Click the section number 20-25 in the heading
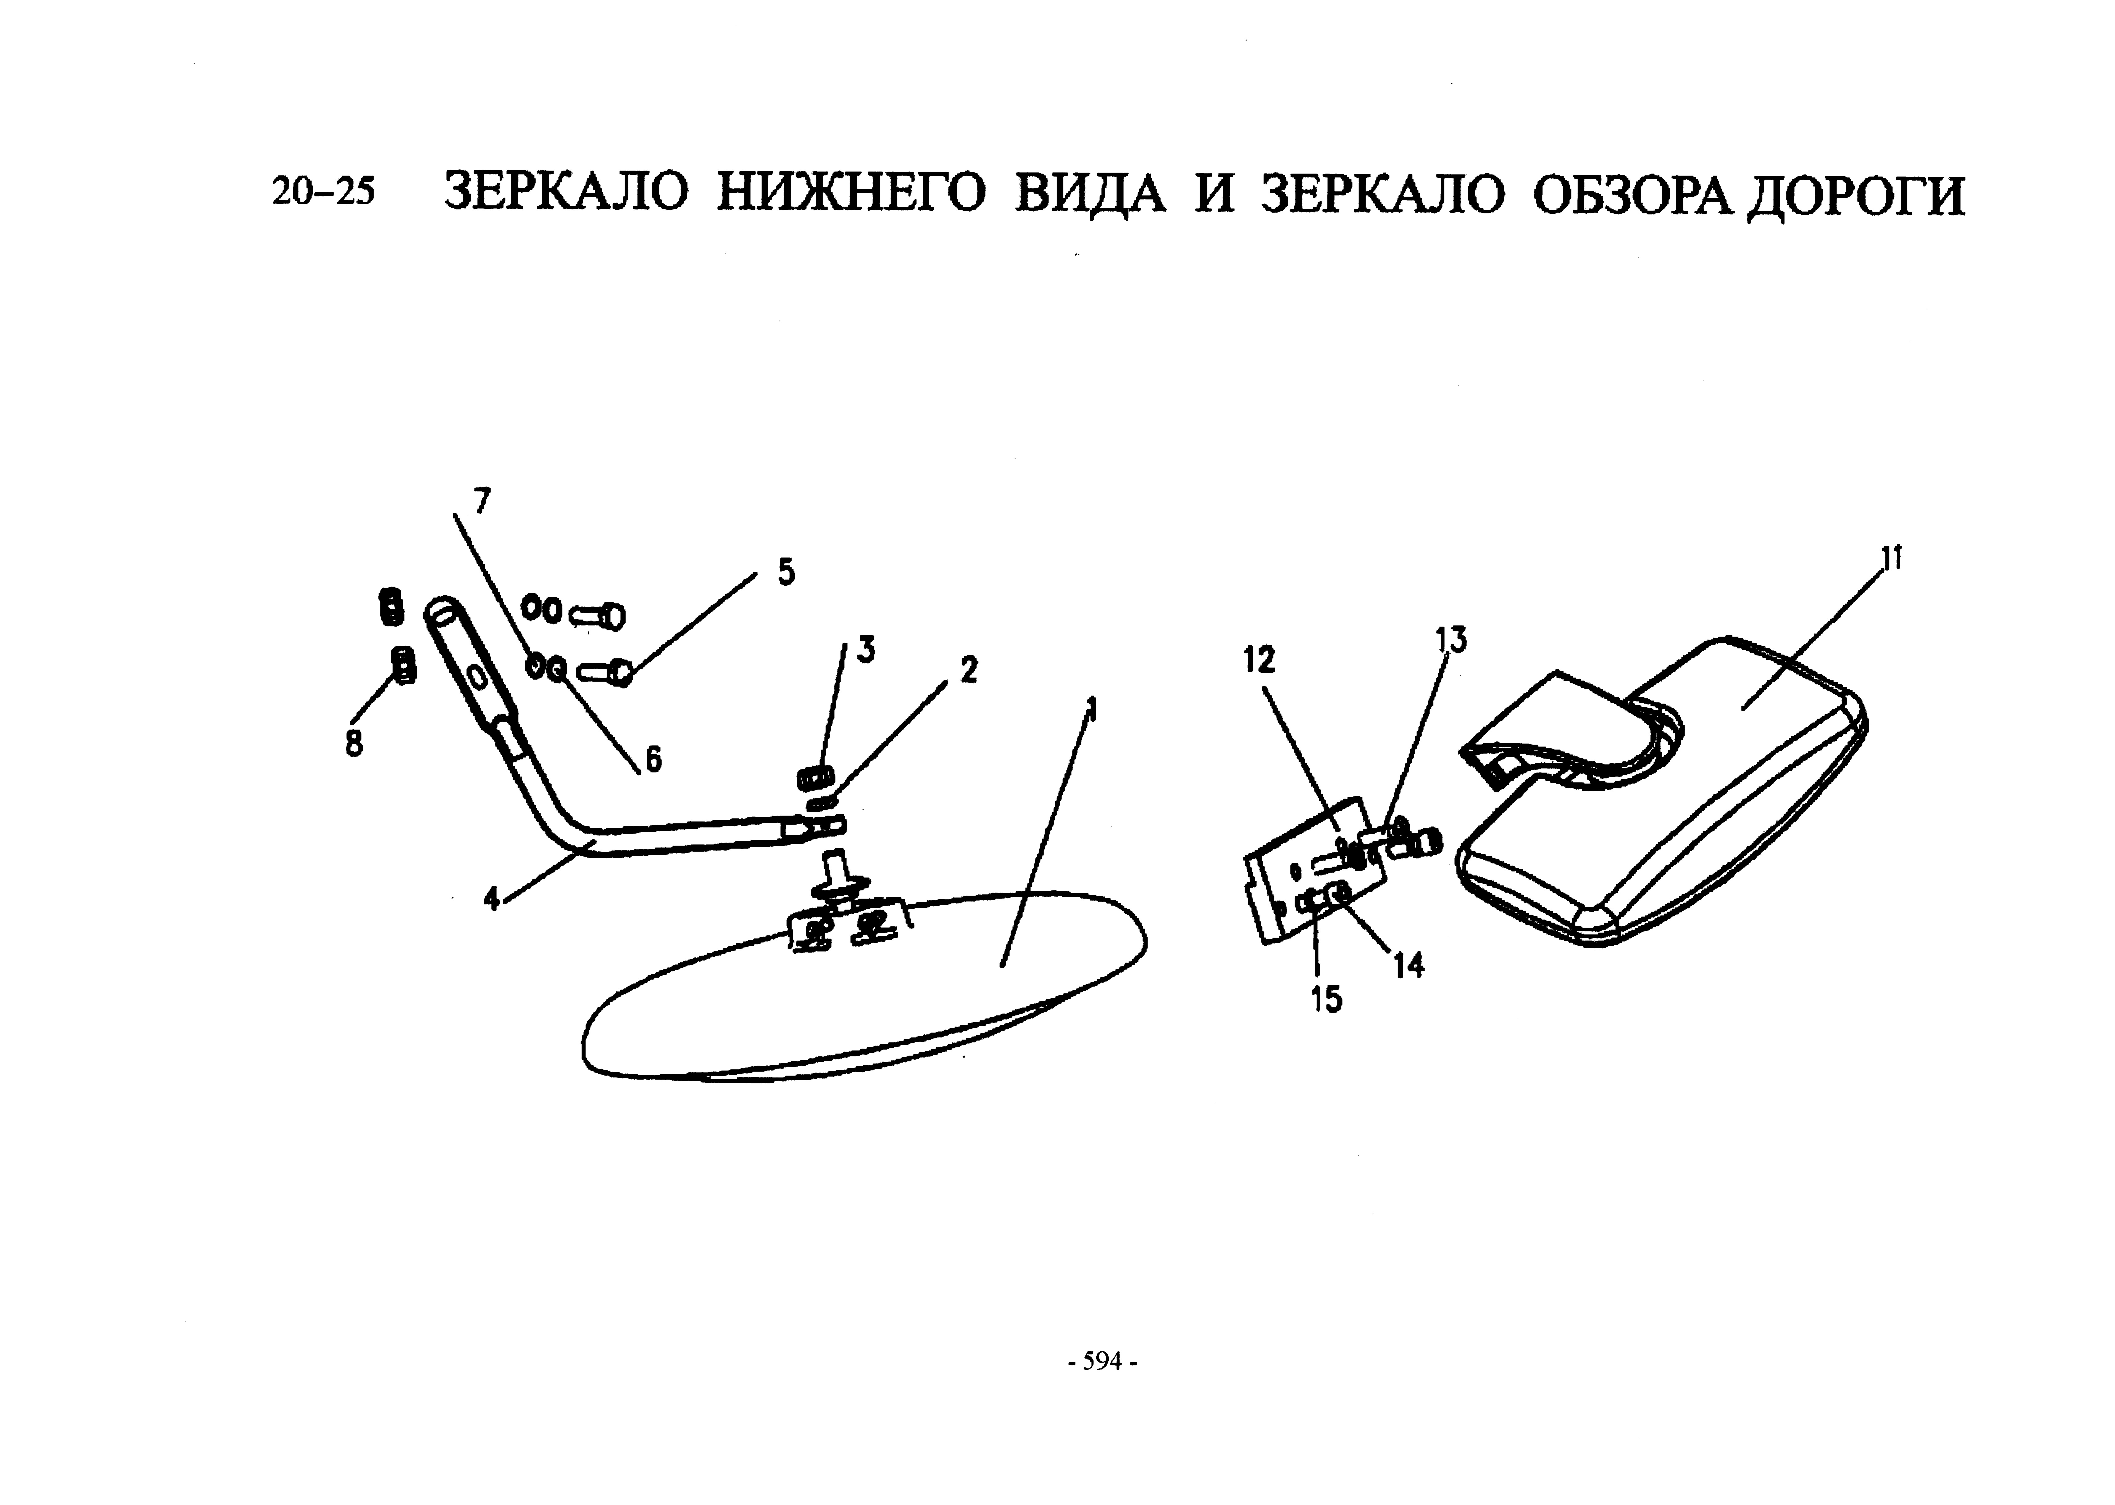tap(323, 192)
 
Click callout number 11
tap(1891, 559)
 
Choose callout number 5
tap(786, 573)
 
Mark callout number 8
tap(354, 743)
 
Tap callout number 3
tap(866, 651)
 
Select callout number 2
tap(968, 670)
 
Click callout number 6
tap(653, 760)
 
